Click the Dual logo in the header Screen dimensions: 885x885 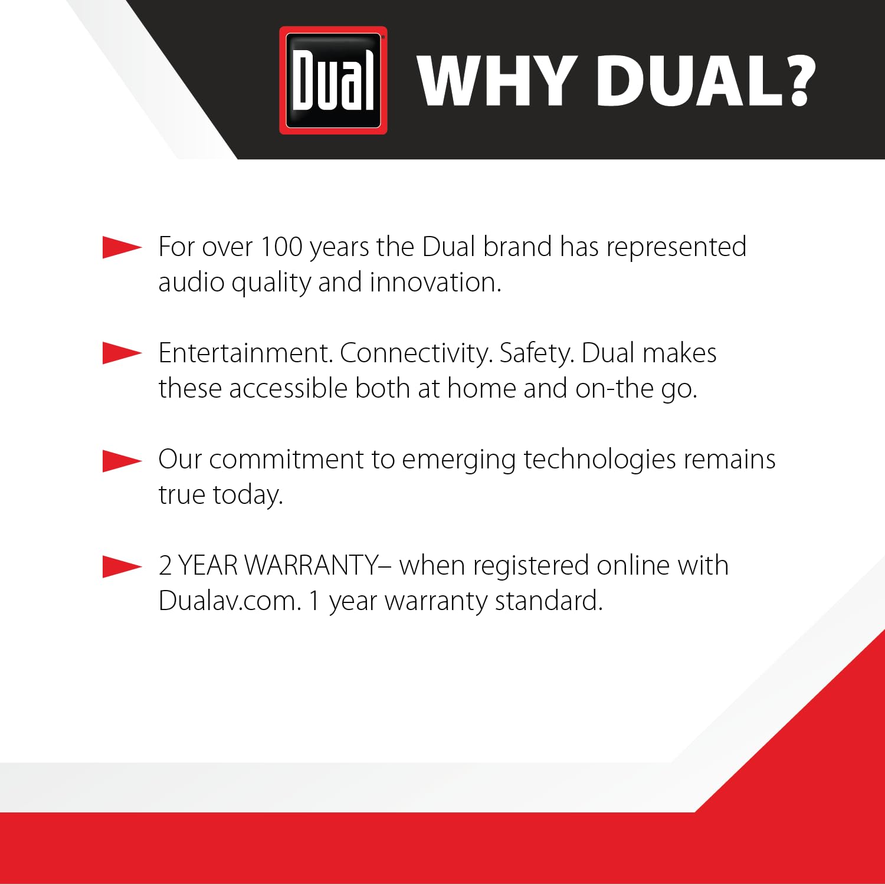[333, 80]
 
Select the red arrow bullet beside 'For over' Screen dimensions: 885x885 [122, 247]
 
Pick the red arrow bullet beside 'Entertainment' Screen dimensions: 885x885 [122, 353]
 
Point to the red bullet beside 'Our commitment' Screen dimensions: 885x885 [122, 460]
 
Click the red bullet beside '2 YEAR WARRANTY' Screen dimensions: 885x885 [122, 566]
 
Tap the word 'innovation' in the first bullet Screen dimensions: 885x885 [435, 282]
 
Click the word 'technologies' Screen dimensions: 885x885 [599, 459]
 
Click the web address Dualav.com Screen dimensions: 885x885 [230, 601]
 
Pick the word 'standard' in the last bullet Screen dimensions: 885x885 [548, 601]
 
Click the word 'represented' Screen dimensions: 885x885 [676, 247]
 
